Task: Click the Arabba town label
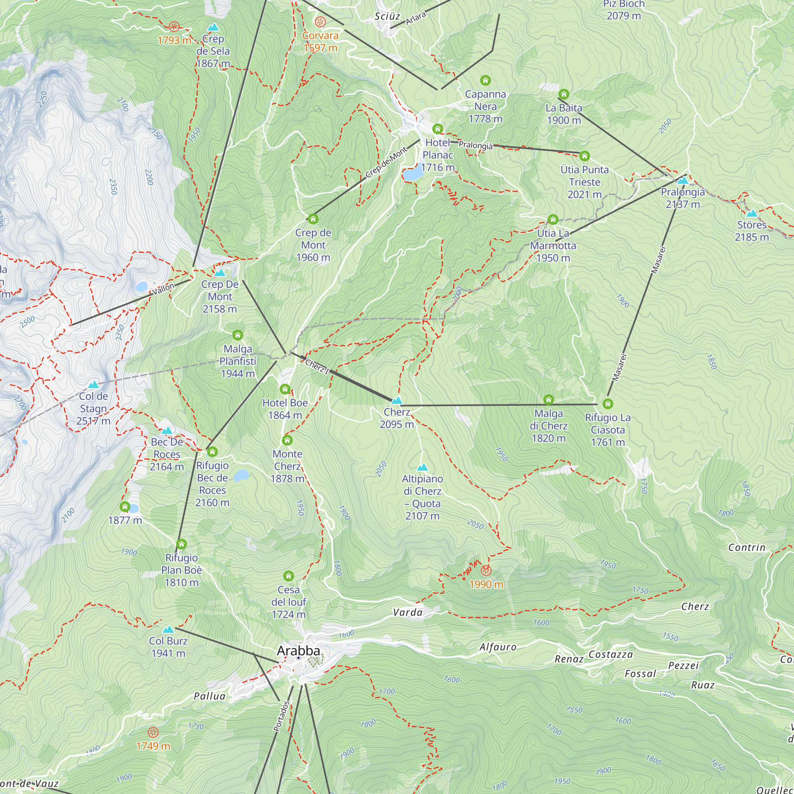pos(299,651)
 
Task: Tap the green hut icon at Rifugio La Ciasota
pos(608,404)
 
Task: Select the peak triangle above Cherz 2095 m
pos(397,400)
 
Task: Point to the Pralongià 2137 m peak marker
pos(682,180)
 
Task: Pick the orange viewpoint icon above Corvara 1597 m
pos(320,22)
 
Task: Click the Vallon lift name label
pos(164,289)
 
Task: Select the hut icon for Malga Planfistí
pos(237,335)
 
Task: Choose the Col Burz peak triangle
pos(168,630)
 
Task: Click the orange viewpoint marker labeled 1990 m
pos(486,570)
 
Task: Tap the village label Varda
pos(408,613)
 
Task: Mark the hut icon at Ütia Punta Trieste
pos(584,156)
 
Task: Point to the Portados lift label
pos(282,716)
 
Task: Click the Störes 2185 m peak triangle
pos(752,213)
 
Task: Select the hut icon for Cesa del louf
pos(289,576)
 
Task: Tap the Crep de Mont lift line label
pos(386,162)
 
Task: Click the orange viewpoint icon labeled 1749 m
pos(153,732)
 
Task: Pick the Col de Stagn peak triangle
pos(93,385)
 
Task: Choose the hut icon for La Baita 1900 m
pos(563,94)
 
